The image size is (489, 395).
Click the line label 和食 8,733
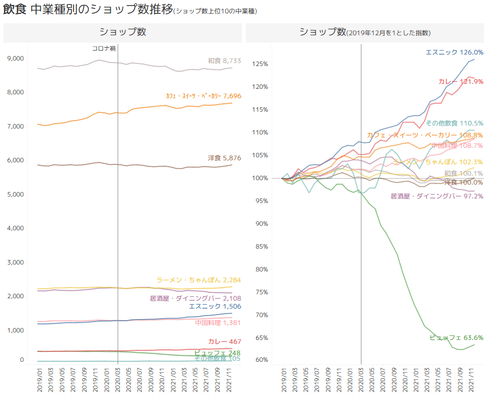point(224,61)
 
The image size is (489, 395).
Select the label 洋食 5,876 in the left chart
point(224,158)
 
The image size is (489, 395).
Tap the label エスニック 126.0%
point(454,52)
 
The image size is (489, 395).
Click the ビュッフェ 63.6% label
point(456,338)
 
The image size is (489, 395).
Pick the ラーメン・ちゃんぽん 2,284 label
point(199,280)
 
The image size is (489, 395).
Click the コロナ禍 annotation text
point(104,49)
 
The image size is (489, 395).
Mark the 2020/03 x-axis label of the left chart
point(118,378)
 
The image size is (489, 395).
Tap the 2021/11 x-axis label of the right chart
point(470,378)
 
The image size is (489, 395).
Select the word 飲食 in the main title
point(14,10)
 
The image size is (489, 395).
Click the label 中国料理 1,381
point(218,323)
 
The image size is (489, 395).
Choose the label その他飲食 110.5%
point(454,123)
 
